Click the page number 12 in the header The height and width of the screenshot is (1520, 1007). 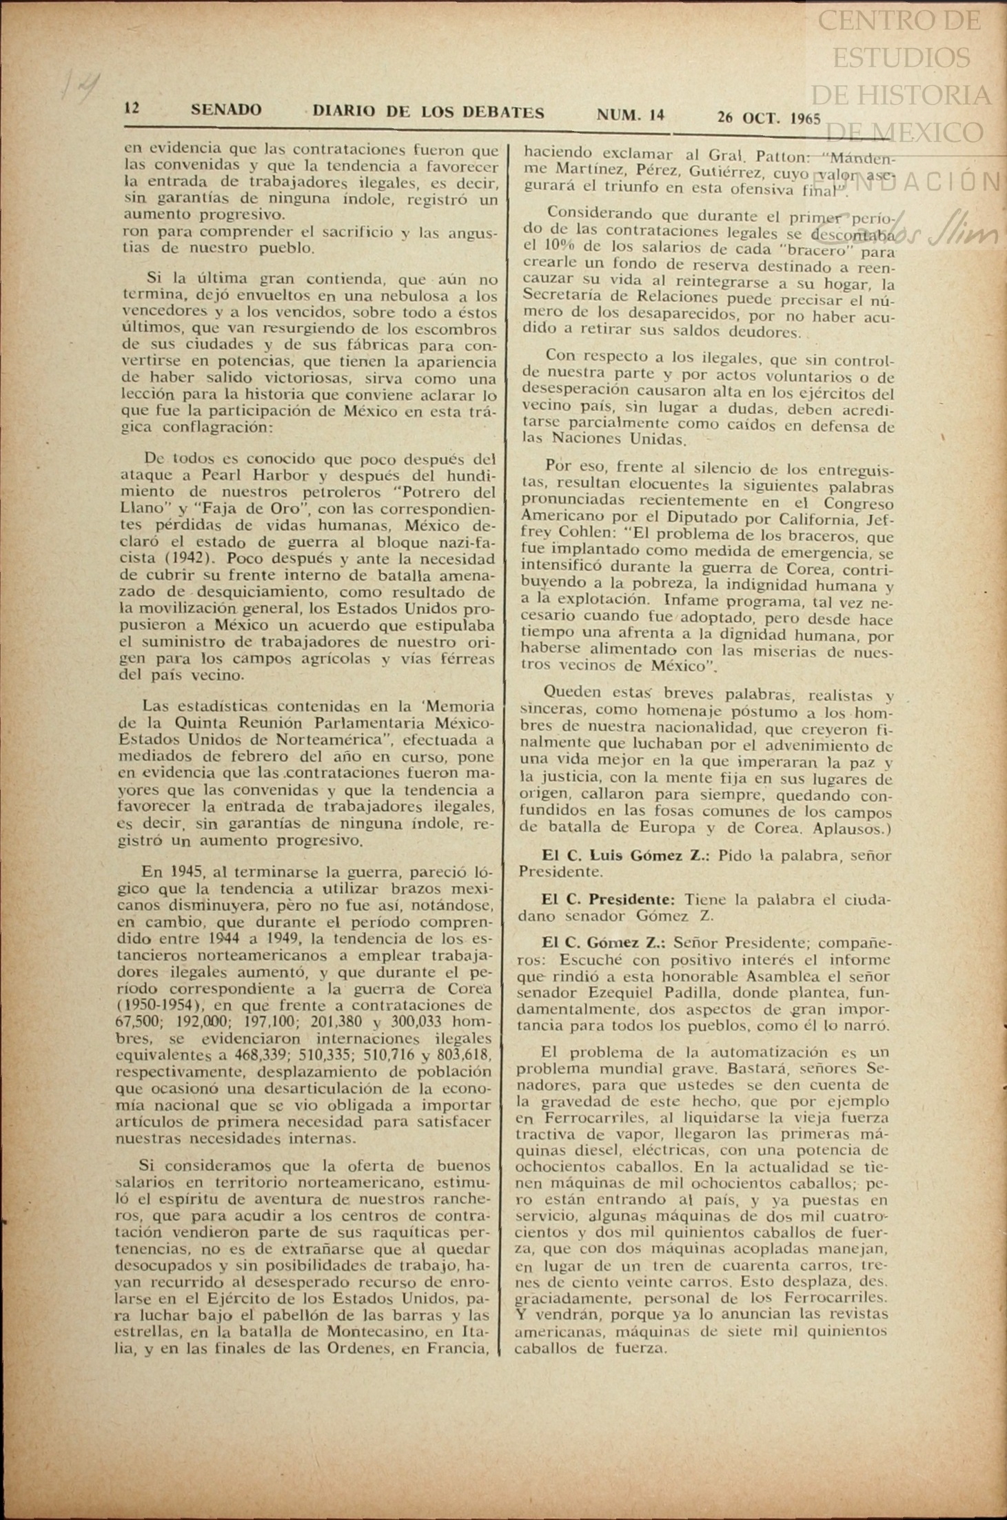(132, 108)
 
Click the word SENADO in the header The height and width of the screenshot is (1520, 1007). (226, 110)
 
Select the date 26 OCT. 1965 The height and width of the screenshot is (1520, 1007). (769, 117)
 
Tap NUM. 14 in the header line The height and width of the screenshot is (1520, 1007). (630, 115)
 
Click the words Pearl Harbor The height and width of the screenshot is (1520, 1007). (250, 475)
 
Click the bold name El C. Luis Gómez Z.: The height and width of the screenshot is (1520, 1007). (624, 855)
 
